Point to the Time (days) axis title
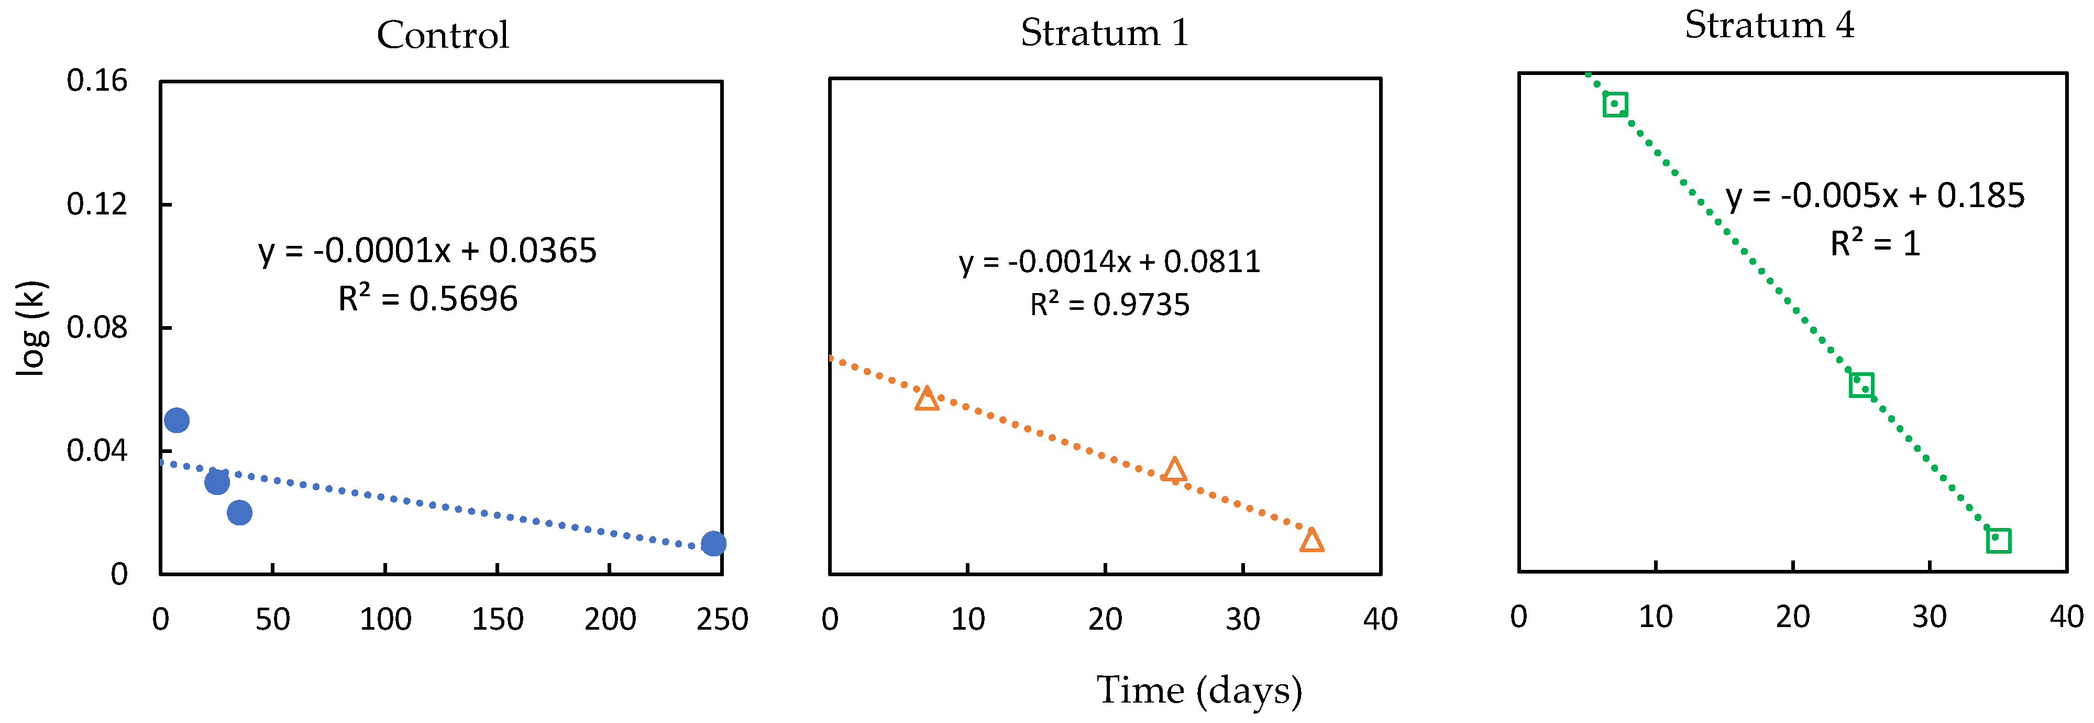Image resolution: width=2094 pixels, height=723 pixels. [x=1198, y=690]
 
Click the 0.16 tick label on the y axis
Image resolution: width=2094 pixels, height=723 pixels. [x=97, y=81]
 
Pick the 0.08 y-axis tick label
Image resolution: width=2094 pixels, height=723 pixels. [x=97, y=328]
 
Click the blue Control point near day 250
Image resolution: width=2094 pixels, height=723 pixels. [x=713, y=543]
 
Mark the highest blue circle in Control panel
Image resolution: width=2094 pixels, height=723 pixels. [x=177, y=420]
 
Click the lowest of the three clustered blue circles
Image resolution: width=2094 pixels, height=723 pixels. [x=239, y=512]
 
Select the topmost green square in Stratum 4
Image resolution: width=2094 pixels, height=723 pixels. [x=1614, y=104]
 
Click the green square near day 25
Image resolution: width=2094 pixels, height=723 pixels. [x=1861, y=385]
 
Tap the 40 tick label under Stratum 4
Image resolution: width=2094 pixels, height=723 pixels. [x=2066, y=617]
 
